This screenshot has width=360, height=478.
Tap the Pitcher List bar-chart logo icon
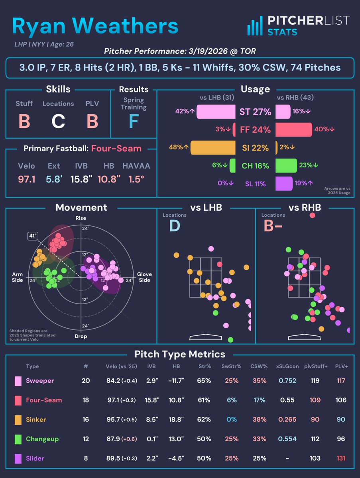pyautogui.click(x=254, y=26)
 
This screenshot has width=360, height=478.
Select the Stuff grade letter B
pyautogui.click(x=24, y=121)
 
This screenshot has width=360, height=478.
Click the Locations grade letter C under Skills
pyautogui.click(x=58, y=121)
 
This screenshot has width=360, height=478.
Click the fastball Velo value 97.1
pyautogui.click(x=27, y=179)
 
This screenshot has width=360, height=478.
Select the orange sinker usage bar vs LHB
pyautogui.click(x=213, y=147)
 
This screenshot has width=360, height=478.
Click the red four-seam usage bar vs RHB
pyautogui.click(x=294, y=129)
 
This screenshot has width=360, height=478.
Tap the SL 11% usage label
pyautogui.click(x=255, y=184)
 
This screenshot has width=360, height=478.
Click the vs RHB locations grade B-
pyautogui.click(x=271, y=226)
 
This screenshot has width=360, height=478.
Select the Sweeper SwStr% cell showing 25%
pyautogui.click(x=231, y=380)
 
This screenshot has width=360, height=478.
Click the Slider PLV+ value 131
pyautogui.click(x=341, y=458)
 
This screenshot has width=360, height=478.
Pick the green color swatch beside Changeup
pyautogui.click(x=18, y=439)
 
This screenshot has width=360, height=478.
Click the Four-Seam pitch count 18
pyautogui.click(x=86, y=400)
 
